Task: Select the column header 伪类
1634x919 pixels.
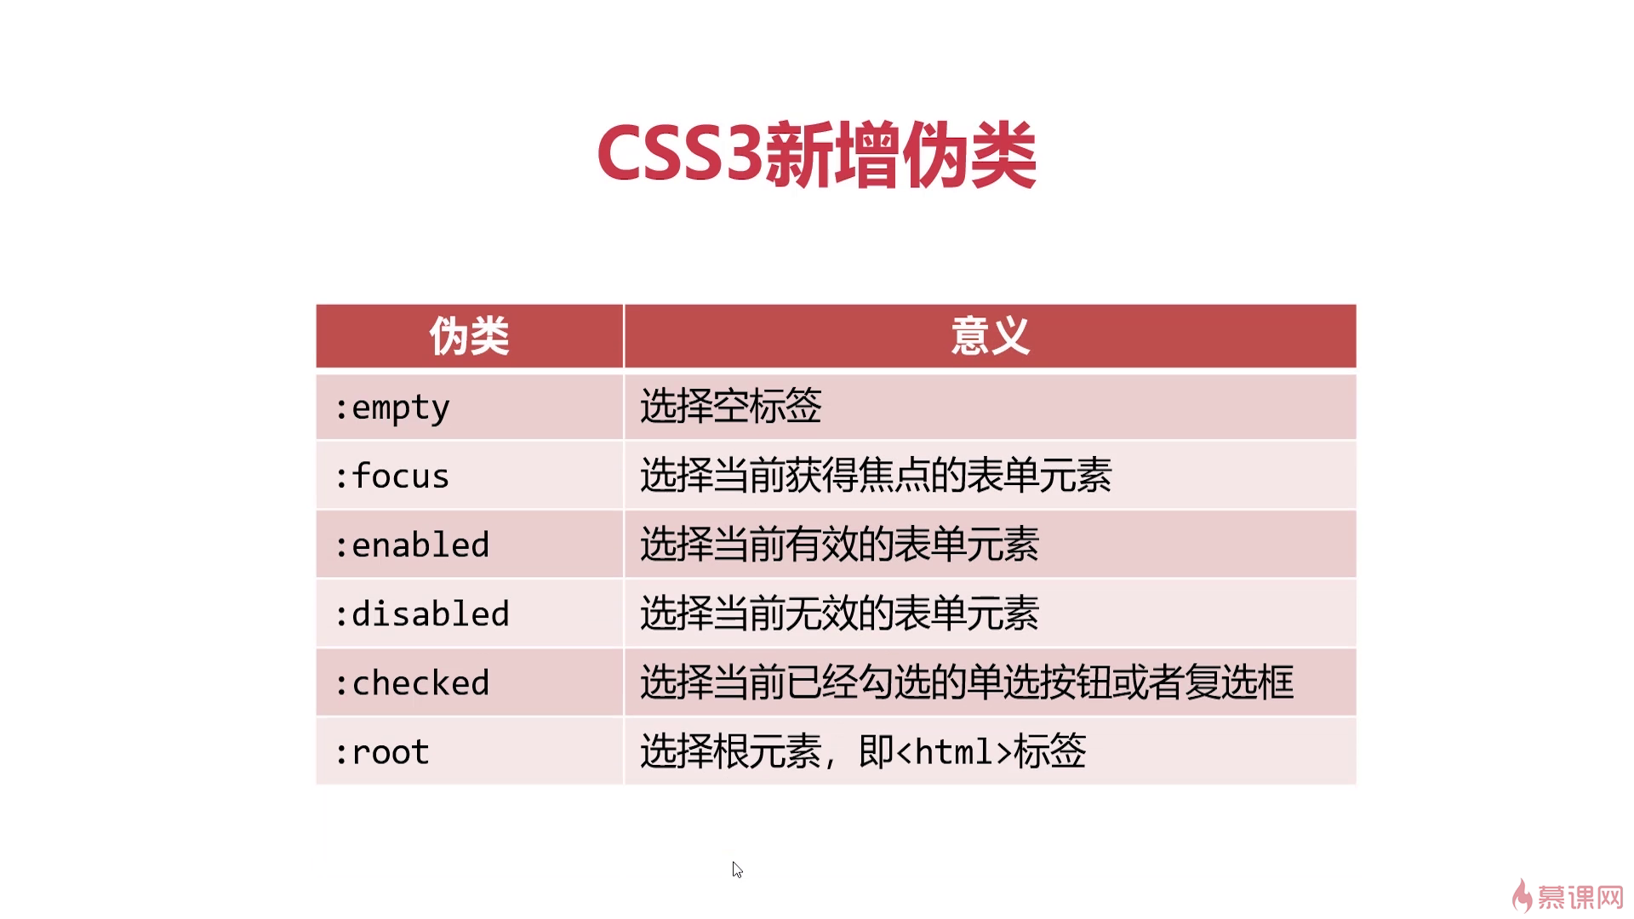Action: pos(469,336)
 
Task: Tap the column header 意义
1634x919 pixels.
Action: pos(990,336)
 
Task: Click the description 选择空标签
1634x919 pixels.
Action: pos(731,406)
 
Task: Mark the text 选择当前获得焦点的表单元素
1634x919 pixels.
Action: pos(876,476)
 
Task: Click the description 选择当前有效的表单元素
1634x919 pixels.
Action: pos(839,545)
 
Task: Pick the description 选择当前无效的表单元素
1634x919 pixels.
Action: pos(839,614)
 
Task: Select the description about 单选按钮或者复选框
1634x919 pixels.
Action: pos(967,682)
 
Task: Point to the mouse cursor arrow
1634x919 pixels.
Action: pos(737,870)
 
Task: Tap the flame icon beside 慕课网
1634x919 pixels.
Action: pos(1522,895)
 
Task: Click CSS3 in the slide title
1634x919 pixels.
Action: pos(679,155)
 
